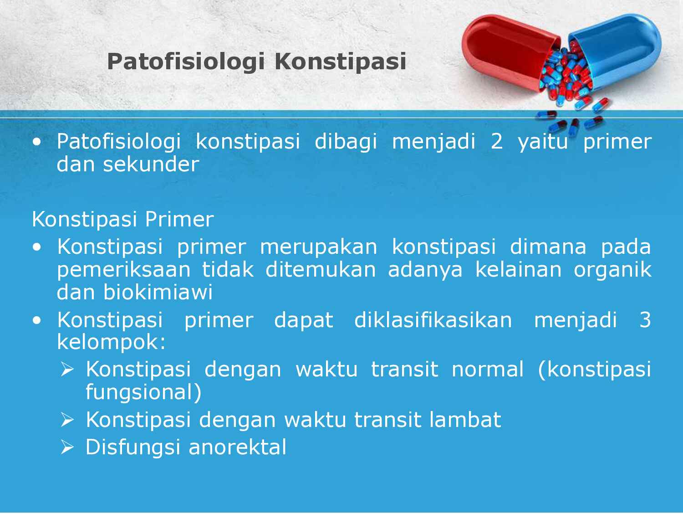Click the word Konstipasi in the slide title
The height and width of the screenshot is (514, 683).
pyautogui.click(x=340, y=62)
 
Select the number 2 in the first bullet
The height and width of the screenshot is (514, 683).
pyautogui.click(x=496, y=142)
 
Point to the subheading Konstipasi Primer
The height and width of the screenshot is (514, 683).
pyautogui.click(x=122, y=220)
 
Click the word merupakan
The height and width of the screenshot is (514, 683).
pyautogui.click(x=318, y=247)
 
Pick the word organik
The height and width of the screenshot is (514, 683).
pyautogui.click(x=612, y=270)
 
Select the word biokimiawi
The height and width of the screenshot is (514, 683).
pyautogui.click(x=158, y=293)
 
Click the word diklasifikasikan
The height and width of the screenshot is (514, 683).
pyautogui.click(x=433, y=320)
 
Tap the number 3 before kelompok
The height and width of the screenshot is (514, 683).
pyautogui.click(x=645, y=320)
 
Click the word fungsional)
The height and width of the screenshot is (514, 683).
pyautogui.click(x=143, y=392)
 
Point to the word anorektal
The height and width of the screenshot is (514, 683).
pyautogui.click(x=237, y=447)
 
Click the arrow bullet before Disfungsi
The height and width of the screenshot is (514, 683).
pyautogui.click(x=67, y=448)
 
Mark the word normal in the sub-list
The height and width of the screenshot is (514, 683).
pyautogui.click(x=487, y=369)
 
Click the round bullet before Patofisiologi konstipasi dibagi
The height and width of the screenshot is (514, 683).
pyautogui.click(x=37, y=142)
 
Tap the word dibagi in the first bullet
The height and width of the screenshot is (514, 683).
pyautogui.click(x=346, y=142)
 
